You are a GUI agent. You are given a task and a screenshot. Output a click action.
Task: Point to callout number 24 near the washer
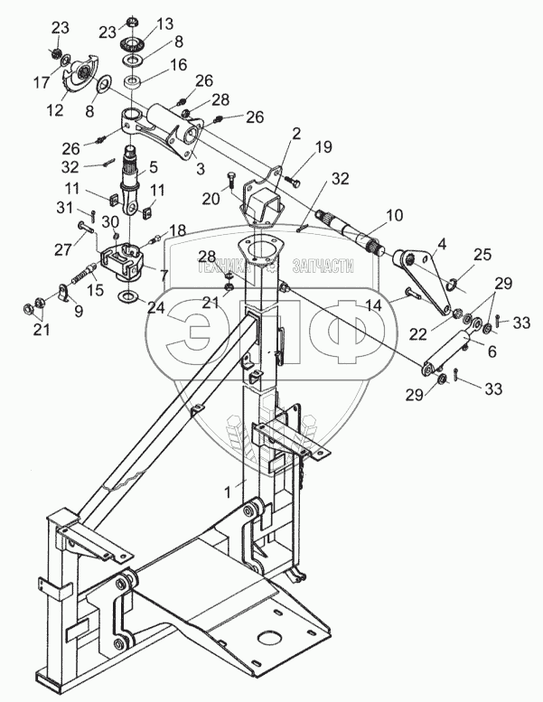point(156,307)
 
